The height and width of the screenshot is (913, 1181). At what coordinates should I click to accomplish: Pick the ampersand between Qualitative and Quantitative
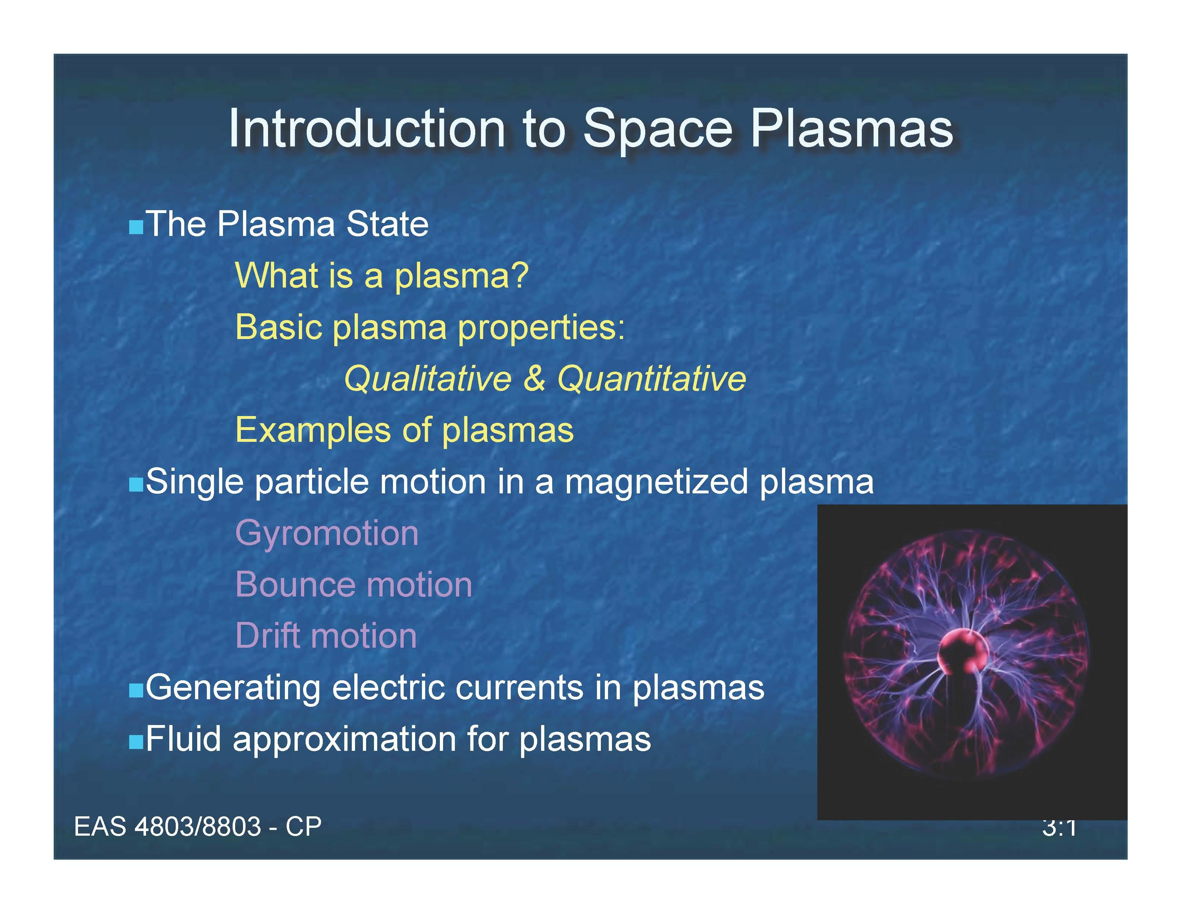534,378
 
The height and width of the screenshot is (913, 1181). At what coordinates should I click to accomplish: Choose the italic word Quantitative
652,378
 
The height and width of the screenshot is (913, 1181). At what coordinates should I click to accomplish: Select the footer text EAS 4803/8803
167,826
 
